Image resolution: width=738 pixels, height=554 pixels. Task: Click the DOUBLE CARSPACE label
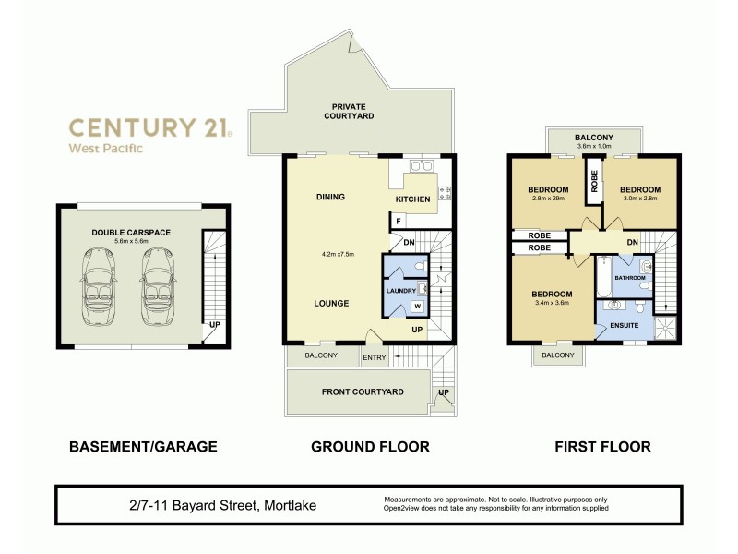pos(130,233)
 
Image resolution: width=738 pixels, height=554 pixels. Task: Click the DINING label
pos(330,197)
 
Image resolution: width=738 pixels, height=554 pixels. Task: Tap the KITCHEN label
pos(412,199)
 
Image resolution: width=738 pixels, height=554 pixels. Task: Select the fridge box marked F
pos(397,222)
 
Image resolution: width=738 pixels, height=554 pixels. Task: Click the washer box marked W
pos(417,306)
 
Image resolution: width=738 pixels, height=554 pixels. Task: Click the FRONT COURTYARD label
pos(363,391)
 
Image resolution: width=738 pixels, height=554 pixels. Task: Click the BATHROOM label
pos(629,277)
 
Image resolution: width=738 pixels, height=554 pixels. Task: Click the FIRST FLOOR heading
pos(602,447)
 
